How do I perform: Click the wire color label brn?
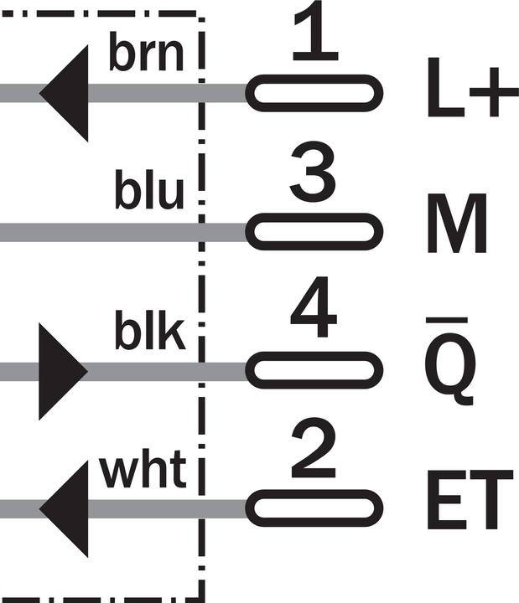click(x=146, y=52)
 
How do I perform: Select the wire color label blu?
click(x=149, y=189)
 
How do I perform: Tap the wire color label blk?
click(x=150, y=330)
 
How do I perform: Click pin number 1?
click(x=316, y=31)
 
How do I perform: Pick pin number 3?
click(x=313, y=171)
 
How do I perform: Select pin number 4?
click(x=314, y=307)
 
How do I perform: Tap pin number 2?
click(x=314, y=448)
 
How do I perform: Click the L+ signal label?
click(x=473, y=88)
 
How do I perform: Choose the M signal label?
click(x=457, y=223)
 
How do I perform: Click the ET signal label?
click(x=470, y=499)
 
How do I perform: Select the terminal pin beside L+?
click(x=314, y=94)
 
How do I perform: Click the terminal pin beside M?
click(x=314, y=231)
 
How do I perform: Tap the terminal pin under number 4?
click(x=314, y=370)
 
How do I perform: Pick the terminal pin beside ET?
click(x=314, y=508)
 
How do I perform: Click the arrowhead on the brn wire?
click(x=64, y=94)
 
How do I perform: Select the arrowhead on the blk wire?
click(x=63, y=371)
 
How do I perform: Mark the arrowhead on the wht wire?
click(x=64, y=509)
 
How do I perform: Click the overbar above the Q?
click(x=447, y=320)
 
